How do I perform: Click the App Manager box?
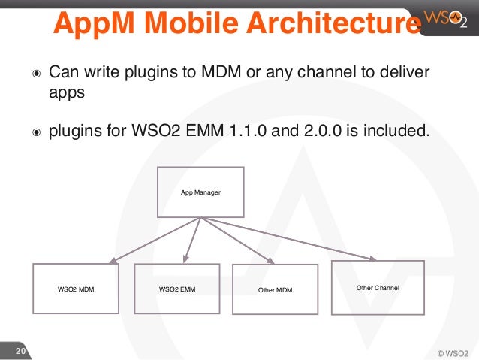click(x=200, y=192)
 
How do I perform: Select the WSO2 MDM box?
click(x=76, y=289)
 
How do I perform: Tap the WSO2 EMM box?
click(x=176, y=289)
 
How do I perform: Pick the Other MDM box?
click(x=276, y=289)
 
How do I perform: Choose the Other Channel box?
click(x=378, y=287)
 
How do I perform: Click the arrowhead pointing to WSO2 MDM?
click(x=113, y=261)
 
